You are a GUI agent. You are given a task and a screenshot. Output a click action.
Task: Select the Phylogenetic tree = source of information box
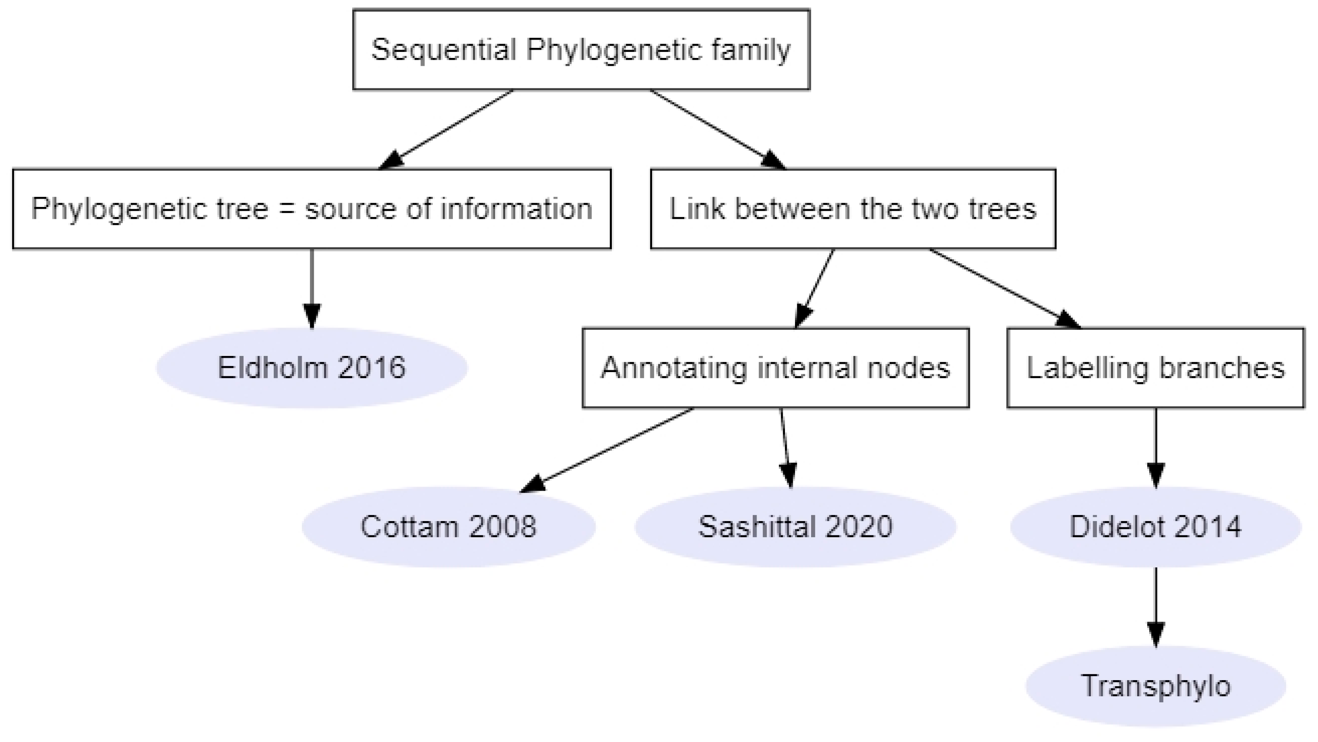pos(312,209)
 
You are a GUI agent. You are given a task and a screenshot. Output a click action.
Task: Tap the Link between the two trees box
pos(853,209)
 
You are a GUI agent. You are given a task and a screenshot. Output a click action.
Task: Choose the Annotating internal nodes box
pos(775,368)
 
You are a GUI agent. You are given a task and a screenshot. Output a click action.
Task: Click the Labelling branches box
pos(1155,368)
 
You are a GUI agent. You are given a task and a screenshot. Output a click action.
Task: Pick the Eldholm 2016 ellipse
pos(312,368)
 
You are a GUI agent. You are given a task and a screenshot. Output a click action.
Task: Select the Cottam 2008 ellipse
pos(448,527)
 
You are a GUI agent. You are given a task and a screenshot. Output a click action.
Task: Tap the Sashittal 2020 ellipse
pos(795,527)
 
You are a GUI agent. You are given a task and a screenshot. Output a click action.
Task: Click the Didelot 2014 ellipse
pos(1155,527)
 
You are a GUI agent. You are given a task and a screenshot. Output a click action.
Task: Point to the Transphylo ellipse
pos(1155,686)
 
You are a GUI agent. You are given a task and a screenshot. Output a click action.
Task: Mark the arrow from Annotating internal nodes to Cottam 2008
pos(609,449)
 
